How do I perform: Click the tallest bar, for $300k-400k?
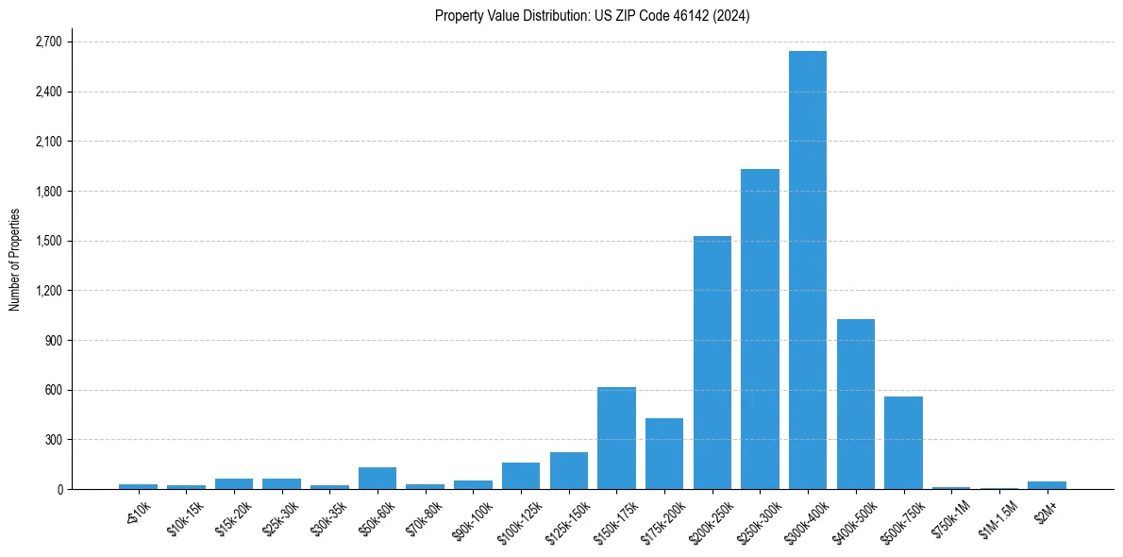tap(808, 270)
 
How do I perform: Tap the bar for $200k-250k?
tap(712, 363)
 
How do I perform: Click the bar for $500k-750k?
tap(903, 443)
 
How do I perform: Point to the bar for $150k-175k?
tap(616, 438)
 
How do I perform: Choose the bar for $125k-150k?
tap(569, 470)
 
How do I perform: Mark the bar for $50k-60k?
tap(377, 478)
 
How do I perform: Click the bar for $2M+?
tap(1047, 485)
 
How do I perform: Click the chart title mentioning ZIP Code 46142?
tap(593, 16)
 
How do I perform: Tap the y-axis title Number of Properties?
tap(15, 260)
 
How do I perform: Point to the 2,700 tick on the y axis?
tap(47, 42)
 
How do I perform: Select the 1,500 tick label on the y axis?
tap(47, 241)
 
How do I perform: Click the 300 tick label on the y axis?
tap(53, 440)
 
